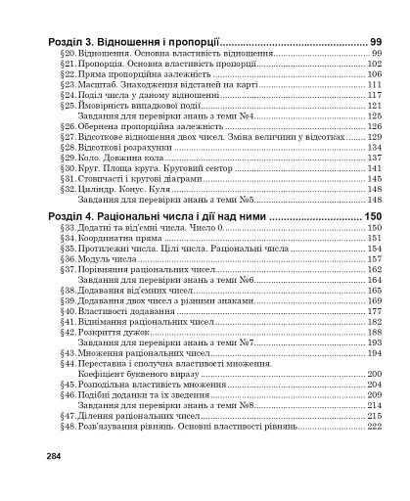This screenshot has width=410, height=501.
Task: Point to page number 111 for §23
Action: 374,84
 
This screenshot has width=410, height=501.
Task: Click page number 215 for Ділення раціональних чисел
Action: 374,416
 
